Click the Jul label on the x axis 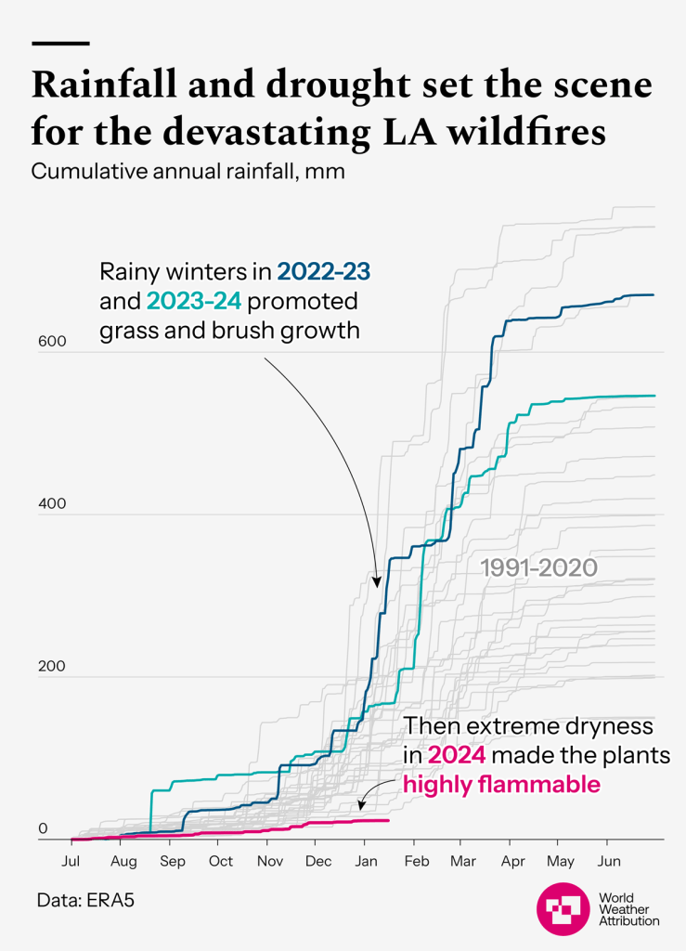[71, 861]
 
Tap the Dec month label [318, 861]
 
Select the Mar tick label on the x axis [462, 861]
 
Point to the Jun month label [608, 861]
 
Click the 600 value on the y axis [52, 342]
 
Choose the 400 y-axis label [52, 504]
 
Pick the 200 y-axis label [52, 667]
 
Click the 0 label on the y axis [42, 829]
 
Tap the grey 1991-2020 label [537, 567]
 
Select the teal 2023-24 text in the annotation [193, 301]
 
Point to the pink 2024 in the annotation [454, 755]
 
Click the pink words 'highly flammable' [501, 785]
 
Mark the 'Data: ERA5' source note [80, 901]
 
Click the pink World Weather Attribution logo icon [563, 907]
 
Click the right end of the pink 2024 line [389, 820]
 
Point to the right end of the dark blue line [654, 294]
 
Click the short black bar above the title [60, 44]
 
